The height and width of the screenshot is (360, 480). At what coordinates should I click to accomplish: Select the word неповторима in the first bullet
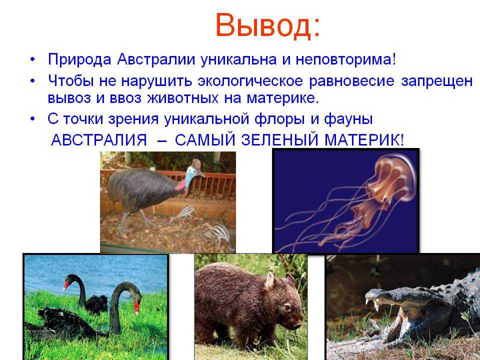343,59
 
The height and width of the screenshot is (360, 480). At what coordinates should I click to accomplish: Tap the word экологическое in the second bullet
250,81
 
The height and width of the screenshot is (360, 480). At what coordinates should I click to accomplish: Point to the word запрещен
437,81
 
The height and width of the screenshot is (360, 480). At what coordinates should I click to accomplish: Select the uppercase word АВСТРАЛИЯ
99,140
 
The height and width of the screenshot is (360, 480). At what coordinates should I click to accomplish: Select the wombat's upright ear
269,280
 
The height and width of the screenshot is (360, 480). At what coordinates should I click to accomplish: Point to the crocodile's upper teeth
376,304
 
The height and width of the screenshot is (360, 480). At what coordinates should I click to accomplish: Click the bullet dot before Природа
33,59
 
